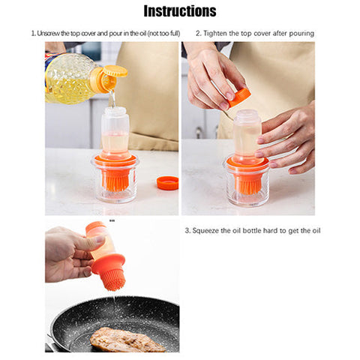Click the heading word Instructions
tap(180, 11)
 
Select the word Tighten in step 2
tap(215, 33)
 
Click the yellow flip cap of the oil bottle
tap(115, 70)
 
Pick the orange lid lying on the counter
tap(167, 183)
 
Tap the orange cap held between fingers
tap(239, 97)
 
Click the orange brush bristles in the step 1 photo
tap(115, 181)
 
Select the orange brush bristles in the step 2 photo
tap(248, 184)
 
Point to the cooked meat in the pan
tap(126, 340)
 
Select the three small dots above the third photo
tap(112, 220)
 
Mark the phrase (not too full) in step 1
tap(164, 33)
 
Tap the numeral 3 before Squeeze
tap(187, 230)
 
